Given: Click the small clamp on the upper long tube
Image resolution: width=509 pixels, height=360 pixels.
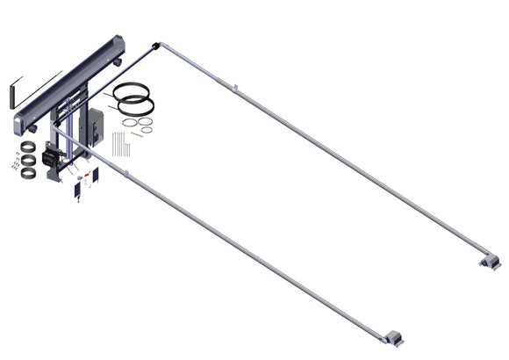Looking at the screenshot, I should coord(235,87).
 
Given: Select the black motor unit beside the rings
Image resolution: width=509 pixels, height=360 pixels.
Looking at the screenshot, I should coord(51,159).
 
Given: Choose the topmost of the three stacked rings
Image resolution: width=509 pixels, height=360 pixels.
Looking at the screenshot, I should coord(28,146).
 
